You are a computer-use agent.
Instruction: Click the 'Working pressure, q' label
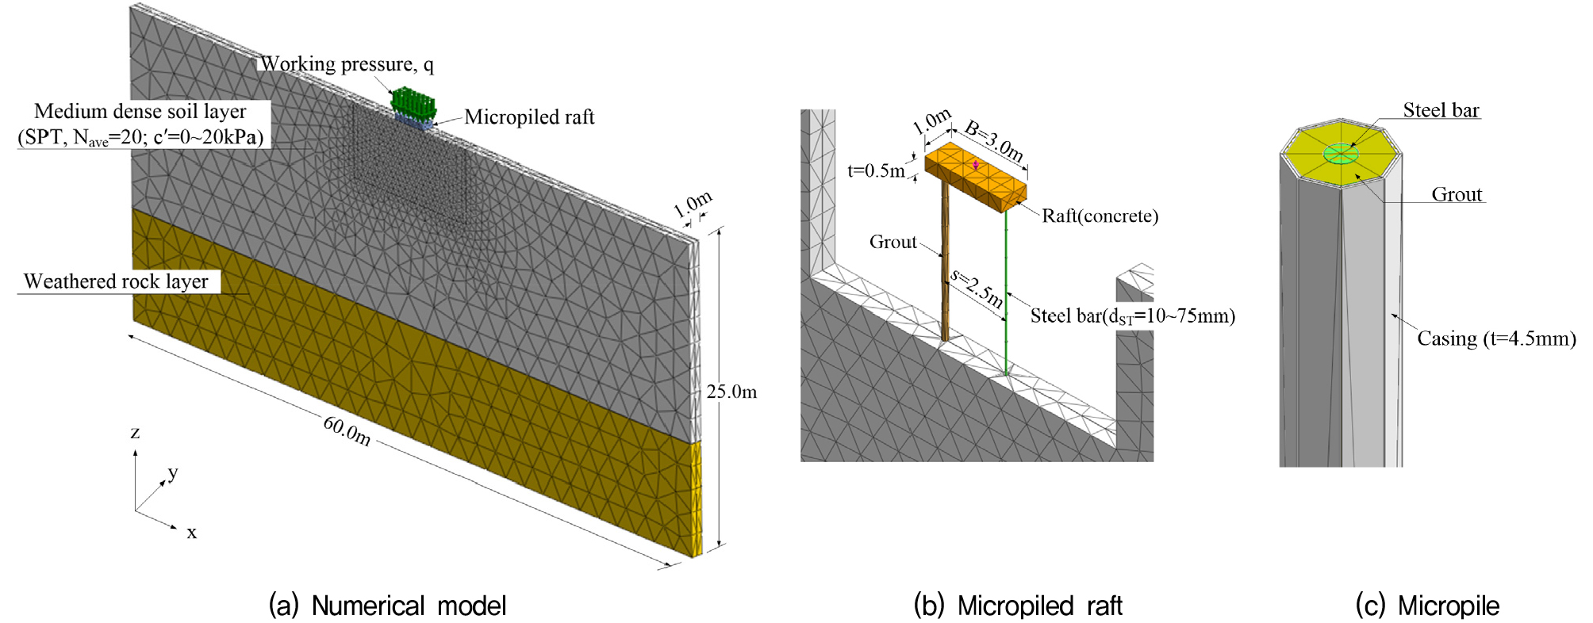point(347,64)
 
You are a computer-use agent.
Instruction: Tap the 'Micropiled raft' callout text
point(529,117)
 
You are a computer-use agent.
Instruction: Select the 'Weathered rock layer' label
point(116,281)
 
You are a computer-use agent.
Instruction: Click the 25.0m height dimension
point(731,392)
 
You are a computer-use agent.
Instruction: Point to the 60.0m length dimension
point(347,430)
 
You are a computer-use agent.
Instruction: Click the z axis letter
point(135,433)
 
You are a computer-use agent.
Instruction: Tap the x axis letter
point(192,533)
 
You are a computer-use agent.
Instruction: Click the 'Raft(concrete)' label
point(1100,216)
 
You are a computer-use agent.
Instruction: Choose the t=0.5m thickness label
point(876,170)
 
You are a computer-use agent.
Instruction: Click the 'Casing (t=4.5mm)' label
point(1496,339)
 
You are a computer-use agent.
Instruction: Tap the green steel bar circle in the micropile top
point(1341,154)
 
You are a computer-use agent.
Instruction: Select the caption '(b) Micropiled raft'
point(1018,606)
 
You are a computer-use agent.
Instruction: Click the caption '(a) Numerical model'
point(388,606)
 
